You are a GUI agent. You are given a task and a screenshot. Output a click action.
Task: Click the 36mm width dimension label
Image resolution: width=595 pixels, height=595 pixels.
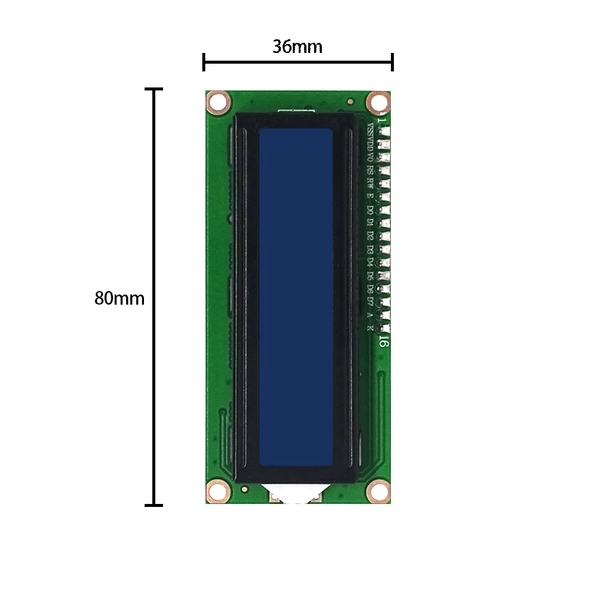click(x=297, y=46)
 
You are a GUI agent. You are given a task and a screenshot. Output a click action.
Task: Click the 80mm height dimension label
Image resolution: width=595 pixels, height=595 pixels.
click(x=119, y=298)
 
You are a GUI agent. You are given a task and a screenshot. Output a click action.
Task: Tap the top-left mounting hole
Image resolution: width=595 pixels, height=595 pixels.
click(x=218, y=103)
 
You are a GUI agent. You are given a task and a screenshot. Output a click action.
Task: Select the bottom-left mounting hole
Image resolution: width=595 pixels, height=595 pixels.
click(x=217, y=491)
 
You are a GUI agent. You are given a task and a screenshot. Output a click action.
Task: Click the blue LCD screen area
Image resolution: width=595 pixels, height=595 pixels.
click(x=296, y=297)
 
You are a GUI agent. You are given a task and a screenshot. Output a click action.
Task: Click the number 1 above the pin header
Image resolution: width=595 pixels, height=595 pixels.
click(x=381, y=121)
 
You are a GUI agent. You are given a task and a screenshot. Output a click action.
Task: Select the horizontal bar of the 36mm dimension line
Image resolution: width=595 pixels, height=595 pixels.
click(x=297, y=62)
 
